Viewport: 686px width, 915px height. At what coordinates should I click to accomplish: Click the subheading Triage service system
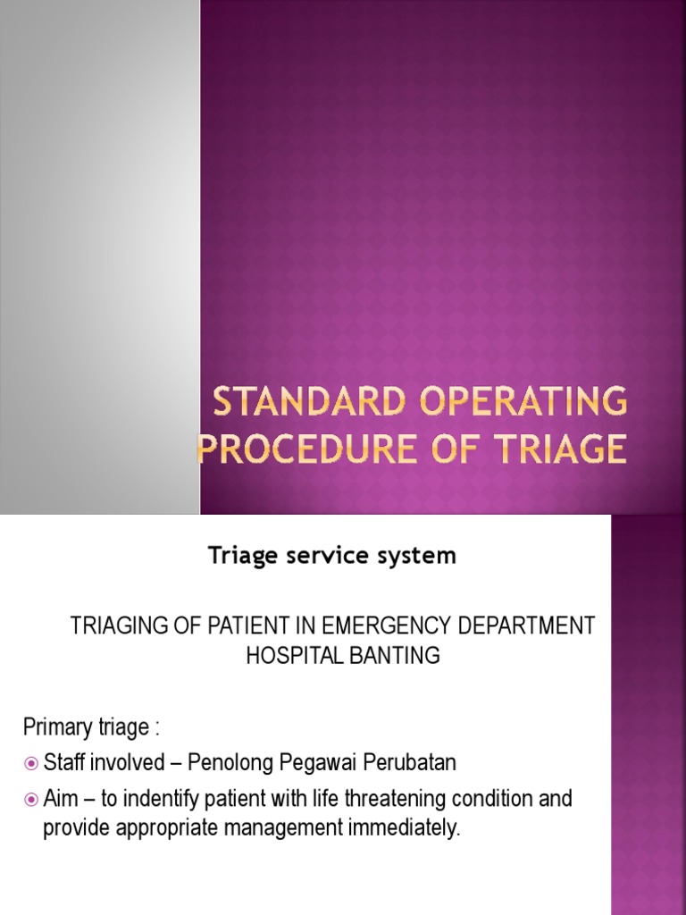click(332, 556)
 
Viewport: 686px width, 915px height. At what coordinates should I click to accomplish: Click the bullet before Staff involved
click(31, 763)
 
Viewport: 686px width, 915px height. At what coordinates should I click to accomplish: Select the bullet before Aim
click(31, 798)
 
